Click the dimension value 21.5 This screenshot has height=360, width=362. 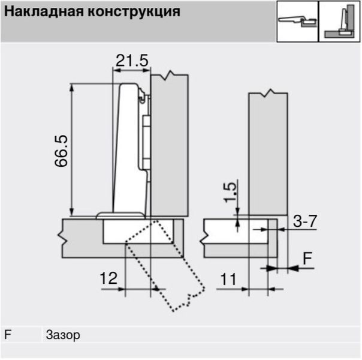coord(132,61)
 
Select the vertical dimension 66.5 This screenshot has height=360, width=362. coord(61,151)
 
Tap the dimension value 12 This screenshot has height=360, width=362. coord(108,278)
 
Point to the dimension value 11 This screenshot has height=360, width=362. coord(228,279)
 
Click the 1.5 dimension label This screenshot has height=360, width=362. coord(230,193)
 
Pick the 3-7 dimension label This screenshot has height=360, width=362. coord(305,221)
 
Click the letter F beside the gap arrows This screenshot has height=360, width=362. coord(307,259)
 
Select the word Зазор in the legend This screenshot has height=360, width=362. coord(63,335)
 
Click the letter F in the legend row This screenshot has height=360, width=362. coord(8,334)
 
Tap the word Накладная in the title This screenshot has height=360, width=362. coord(44,11)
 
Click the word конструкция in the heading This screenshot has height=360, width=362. coord(134,12)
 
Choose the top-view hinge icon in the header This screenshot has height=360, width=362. coord(297,22)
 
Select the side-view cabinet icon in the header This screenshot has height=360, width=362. coord(339,22)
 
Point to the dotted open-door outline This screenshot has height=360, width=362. coord(165,266)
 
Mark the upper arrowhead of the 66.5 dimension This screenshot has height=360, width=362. coord(72,88)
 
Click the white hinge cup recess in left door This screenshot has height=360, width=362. coord(138,231)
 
